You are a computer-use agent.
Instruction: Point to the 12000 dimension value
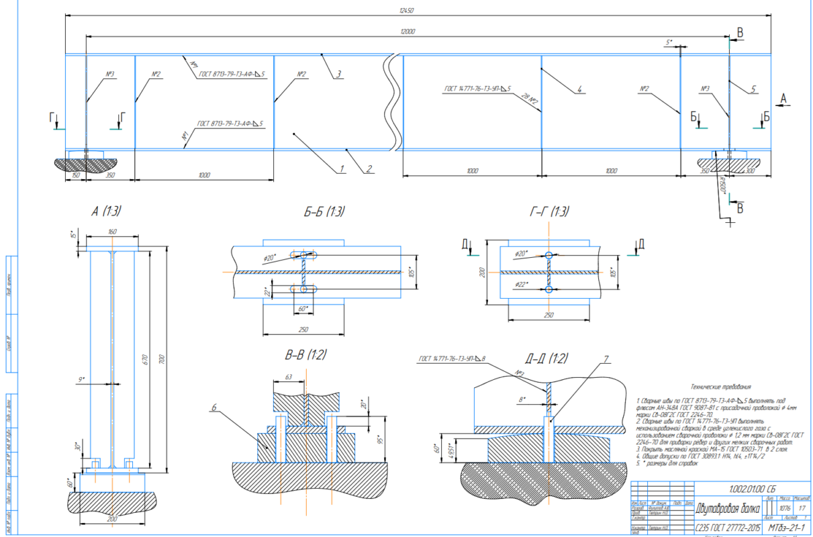(408, 32)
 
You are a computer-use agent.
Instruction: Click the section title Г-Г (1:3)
(548, 211)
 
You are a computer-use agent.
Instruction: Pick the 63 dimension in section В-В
(288, 377)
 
